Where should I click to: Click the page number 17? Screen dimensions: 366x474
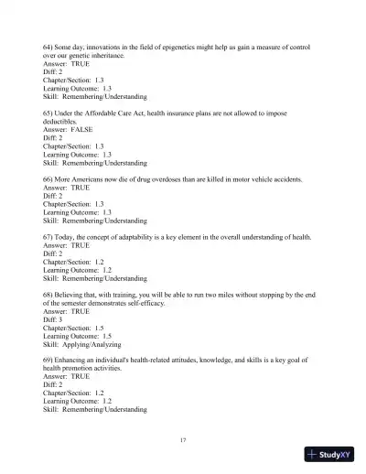(183, 440)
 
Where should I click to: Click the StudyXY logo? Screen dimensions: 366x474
(331, 457)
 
